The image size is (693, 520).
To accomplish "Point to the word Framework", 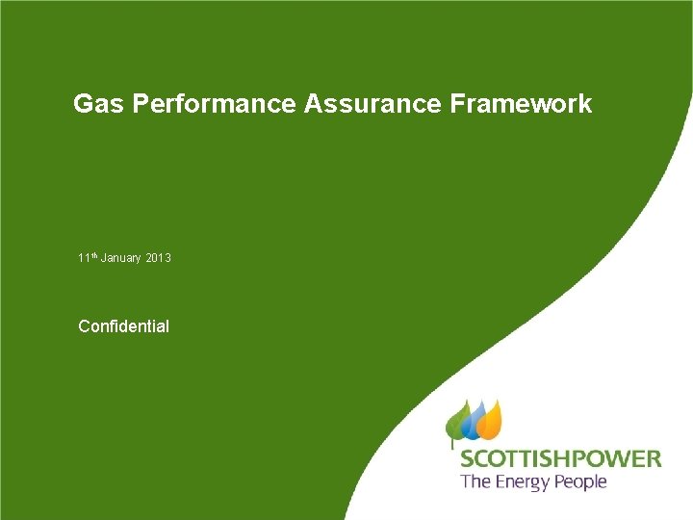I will pyautogui.click(x=521, y=104).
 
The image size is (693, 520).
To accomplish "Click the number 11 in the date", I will pyautogui.click(x=83, y=258).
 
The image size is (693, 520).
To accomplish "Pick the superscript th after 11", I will pyautogui.click(x=92, y=255).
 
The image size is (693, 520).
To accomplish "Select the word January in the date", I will pyautogui.click(x=120, y=258).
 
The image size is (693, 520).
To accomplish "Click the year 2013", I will pyautogui.click(x=159, y=258).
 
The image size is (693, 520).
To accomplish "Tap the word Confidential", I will pyautogui.click(x=123, y=326).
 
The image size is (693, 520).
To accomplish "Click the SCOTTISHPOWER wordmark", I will pyautogui.click(x=560, y=458).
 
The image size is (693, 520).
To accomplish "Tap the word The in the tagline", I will pyautogui.click(x=475, y=481).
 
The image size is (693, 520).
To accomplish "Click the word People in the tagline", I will pyautogui.click(x=581, y=481).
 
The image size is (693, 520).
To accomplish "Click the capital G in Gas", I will pyautogui.click(x=83, y=104).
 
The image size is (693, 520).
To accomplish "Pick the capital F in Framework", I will pyautogui.click(x=456, y=104).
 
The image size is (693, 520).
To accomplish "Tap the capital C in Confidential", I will pyautogui.click(x=84, y=326).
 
